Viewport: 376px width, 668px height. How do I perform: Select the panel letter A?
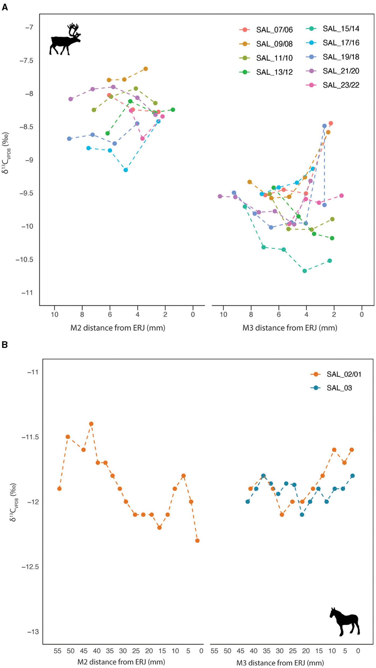point(5,8)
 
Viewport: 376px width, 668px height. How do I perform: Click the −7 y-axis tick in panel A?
point(29,27)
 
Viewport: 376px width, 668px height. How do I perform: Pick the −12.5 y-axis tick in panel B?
point(30,567)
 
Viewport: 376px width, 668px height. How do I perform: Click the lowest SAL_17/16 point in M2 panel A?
point(126,170)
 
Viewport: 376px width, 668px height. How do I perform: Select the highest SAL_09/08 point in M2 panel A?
point(146,69)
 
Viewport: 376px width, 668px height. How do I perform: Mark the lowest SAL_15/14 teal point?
point(305,271)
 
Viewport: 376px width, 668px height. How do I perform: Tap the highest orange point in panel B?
point(91,424)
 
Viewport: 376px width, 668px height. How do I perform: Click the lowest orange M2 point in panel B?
point(197,541)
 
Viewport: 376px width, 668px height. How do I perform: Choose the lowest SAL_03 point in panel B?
point(302,514)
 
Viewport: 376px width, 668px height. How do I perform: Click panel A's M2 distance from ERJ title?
point(118,328)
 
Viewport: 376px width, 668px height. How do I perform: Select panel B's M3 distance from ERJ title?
point(280,662)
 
